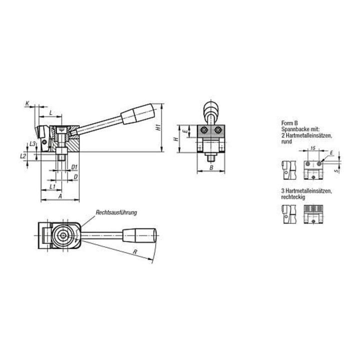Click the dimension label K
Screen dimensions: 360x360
[27, 103]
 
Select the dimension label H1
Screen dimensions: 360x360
[158, 127]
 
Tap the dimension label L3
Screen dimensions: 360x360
[32, 144]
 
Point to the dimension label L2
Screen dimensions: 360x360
[23, 156]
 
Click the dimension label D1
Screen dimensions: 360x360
[74, 167]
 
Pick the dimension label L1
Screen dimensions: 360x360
[52, 186]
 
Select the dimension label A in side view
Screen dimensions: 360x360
[60, 196]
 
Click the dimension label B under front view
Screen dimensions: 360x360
[211, 168]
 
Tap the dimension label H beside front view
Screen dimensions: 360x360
[176, 139]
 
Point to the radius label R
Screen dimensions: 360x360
[135, 252]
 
